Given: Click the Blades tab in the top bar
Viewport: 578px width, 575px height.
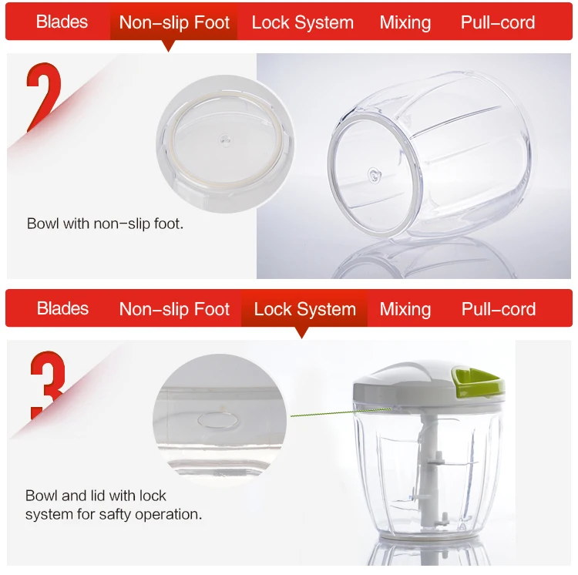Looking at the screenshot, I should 62,22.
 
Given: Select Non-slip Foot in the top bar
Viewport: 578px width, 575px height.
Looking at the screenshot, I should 174,22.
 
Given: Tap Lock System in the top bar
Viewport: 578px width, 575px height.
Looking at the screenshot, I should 302,22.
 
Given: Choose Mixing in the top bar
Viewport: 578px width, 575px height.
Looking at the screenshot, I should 405,22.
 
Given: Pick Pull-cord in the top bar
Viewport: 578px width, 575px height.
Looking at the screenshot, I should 498,22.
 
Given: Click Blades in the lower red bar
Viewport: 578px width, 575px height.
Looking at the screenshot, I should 62,309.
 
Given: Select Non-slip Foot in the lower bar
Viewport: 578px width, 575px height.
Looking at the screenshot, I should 174,310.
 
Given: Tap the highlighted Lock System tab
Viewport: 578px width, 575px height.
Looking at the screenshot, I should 304,310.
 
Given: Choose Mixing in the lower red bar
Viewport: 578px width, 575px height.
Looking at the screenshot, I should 405,310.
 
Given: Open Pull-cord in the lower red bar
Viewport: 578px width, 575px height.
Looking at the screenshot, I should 498,310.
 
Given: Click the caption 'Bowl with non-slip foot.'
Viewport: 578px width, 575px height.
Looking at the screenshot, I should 105,224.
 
